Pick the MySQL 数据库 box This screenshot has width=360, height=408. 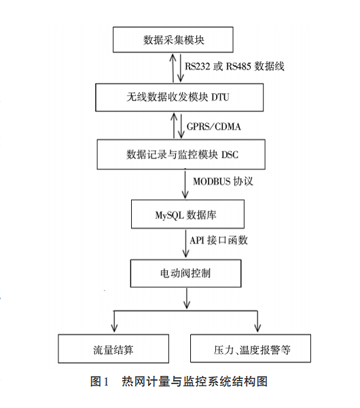(x=186, y=216)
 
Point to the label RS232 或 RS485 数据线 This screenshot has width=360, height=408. (x=234, y=67)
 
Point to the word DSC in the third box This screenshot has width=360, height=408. (x=228, y=154)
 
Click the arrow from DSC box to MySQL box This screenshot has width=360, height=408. (x=185, y=184)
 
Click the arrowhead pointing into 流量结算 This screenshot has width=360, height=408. (x=113, y=327)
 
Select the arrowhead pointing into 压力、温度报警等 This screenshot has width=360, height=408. (x=257, y=327)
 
